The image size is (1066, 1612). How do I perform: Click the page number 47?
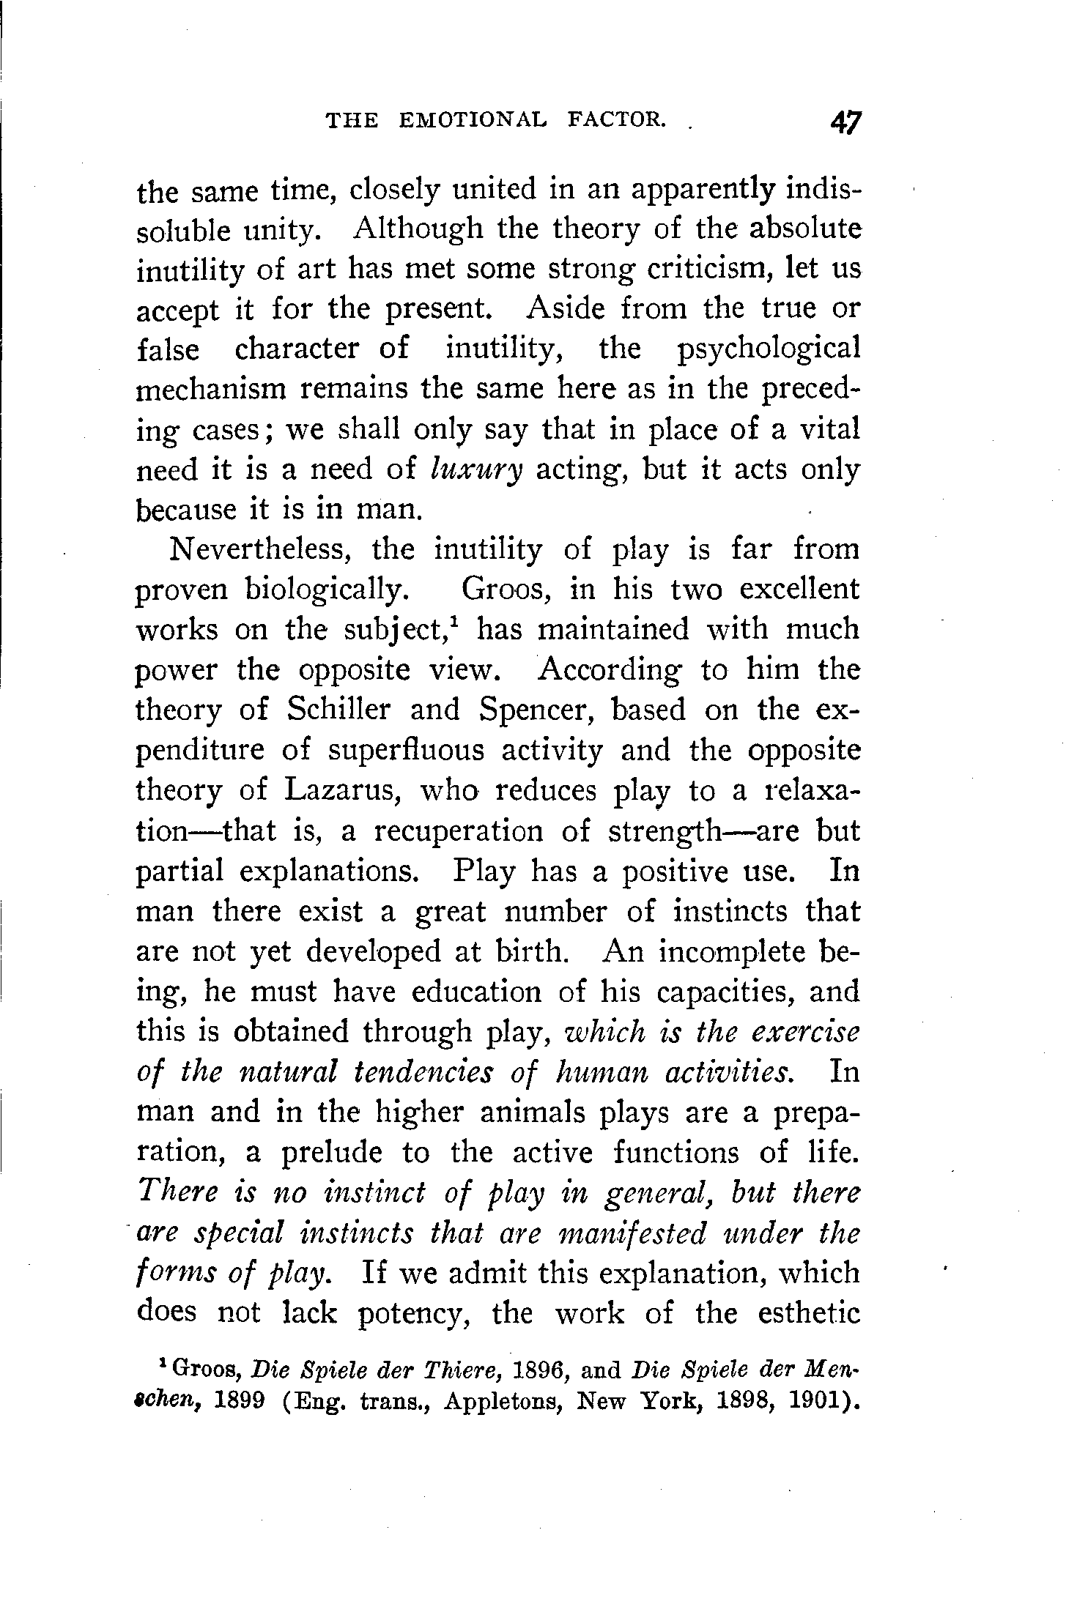[x=845, y=121]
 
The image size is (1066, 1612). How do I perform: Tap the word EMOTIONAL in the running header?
[x=473, y=119]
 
